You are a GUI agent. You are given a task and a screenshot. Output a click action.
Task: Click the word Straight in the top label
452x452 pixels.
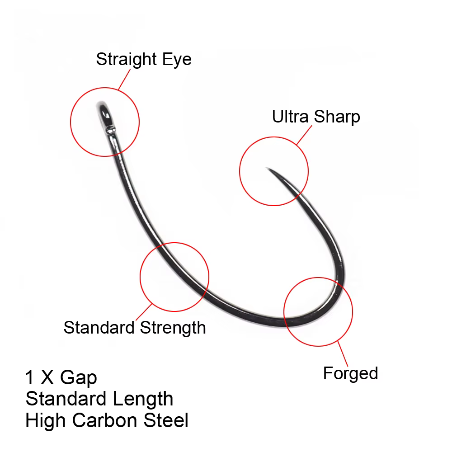click(126, 60)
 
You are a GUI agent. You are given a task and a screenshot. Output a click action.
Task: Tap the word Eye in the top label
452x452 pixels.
click(177, 60)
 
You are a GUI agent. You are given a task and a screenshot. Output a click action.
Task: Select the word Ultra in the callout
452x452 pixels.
click(290, 117)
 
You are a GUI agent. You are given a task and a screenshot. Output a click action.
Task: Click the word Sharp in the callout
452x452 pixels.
click(337, 117)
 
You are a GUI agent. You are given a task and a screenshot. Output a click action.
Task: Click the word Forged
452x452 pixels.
click(350, 374)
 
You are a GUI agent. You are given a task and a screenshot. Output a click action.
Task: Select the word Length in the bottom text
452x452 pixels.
click(143, 400)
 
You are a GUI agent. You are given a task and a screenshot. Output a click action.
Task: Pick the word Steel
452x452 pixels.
click(166, 420)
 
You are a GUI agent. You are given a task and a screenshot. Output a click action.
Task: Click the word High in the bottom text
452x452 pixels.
click(46, 421)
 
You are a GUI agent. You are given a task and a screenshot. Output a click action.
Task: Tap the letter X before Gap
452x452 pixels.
click(47, 377)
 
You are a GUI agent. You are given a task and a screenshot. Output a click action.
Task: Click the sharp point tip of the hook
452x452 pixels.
click(266, 168)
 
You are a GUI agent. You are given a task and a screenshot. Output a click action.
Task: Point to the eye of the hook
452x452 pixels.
click(105, 115)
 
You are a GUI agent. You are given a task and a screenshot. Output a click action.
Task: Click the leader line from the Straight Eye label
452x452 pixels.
click(124, 80)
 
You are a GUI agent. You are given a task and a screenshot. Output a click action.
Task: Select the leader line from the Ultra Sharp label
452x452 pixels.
click(304, 135)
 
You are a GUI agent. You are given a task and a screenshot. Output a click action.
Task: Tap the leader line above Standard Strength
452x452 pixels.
click(144, 312)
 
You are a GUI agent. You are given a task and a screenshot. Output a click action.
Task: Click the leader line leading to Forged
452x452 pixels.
click(343, 353)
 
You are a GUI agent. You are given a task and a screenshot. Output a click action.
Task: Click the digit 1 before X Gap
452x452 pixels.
click(30, 377)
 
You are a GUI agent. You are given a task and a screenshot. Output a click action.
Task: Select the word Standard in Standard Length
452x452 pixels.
click(66, 399)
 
